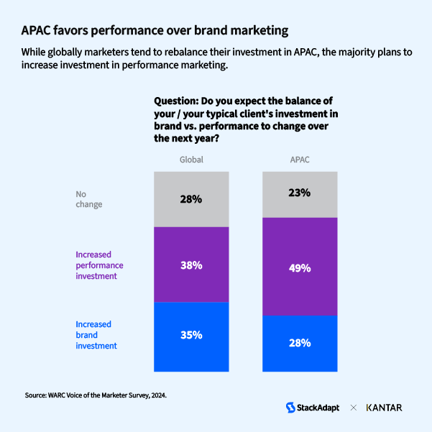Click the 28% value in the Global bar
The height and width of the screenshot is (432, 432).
[x=191, y=199]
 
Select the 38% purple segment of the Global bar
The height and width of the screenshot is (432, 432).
[x=191, y=265]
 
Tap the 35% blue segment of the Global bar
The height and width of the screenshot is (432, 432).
[x=191, y=335]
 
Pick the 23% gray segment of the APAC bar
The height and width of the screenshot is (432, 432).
[x=300, y=193]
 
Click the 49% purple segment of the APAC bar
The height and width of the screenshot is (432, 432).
[x=300, y=267]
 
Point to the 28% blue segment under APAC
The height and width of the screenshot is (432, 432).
[x=300, y=343]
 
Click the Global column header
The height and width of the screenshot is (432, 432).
[x=191, y=160]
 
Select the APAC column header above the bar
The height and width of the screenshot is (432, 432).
[x=300, y=160]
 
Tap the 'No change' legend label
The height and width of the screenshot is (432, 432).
[x=89, y=198]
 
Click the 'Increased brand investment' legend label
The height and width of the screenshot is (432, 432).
[x=96, y=335]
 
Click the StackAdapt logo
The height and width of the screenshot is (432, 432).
[x=313, y=408]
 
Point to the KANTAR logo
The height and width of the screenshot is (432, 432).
[x=384, y=408]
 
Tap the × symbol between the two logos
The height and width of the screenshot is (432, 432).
[x=354, y=408]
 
